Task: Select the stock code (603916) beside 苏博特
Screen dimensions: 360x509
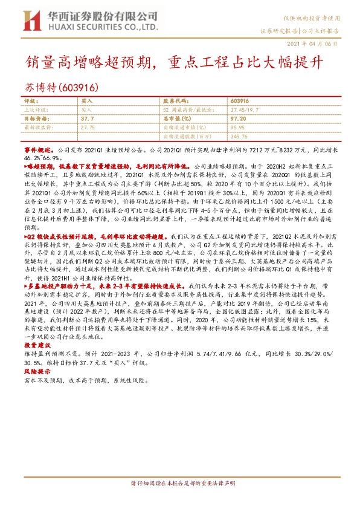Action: pos(79,88)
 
